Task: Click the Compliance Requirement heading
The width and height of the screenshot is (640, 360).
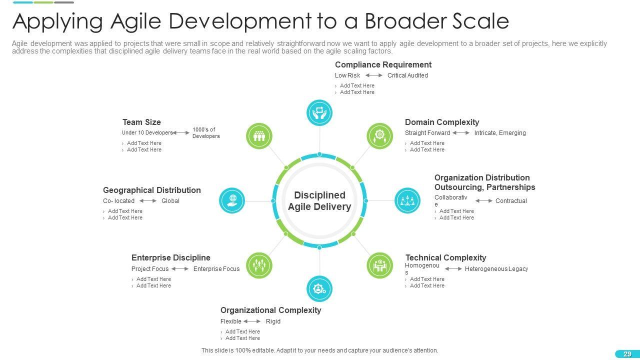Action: pos(383,64)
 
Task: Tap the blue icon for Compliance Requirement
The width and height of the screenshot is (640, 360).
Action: pos(319,112)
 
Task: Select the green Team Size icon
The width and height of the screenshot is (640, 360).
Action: pos(259,136)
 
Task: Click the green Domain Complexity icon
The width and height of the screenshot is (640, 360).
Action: pos(380,136)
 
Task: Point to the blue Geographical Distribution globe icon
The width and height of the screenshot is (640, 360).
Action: pos(232,200)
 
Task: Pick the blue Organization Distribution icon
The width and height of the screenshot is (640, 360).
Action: pos(407,200)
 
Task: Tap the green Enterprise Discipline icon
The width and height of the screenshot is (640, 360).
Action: pos(259,265)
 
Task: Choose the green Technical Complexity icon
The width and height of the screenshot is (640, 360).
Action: pos(380,265)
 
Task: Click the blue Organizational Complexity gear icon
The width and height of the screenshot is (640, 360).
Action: pos(319,289)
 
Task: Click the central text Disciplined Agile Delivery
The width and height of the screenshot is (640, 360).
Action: pos(319,201)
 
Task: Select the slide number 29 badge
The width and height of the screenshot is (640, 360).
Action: pos(627,354)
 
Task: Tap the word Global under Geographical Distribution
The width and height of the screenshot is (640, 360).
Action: pos(170,201)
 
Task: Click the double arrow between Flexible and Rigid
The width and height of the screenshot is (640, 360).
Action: pos(252,321)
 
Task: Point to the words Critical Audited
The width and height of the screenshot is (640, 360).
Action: pos(407,75)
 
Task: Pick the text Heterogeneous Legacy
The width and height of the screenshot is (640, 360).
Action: pos(496,269)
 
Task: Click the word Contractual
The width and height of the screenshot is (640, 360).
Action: pos(511,201)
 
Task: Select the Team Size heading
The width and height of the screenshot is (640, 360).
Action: pos(141,122)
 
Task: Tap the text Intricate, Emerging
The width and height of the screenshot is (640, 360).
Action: pos(500,133)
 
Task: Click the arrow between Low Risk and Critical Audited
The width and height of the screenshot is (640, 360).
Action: pos(374,75)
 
